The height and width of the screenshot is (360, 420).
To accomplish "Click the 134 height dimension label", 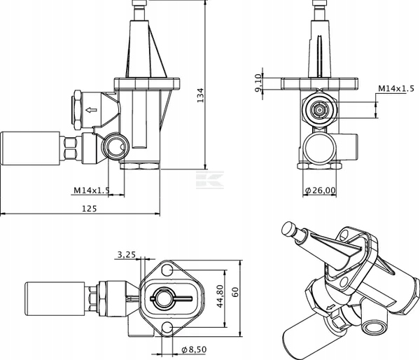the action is [x=200, y=95].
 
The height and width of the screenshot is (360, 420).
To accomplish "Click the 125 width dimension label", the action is [x=89, y=209].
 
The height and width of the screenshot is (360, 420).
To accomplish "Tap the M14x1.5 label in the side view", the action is [x=92, y=191].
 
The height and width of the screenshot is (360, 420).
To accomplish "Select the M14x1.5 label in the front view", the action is [x=396, y=88].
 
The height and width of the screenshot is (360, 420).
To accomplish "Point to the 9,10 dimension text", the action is [x=258, y=83].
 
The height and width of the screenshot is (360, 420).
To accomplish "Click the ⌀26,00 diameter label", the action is [x=321, y=191].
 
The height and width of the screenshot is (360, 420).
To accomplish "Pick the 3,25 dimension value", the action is [x=127, y=254].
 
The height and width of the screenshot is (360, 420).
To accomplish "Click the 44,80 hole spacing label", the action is [x=220, y=296].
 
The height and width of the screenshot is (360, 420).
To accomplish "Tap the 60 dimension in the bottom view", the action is [x=235, y=292].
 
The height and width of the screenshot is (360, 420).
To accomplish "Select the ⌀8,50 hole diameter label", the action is [x=194, y=349].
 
